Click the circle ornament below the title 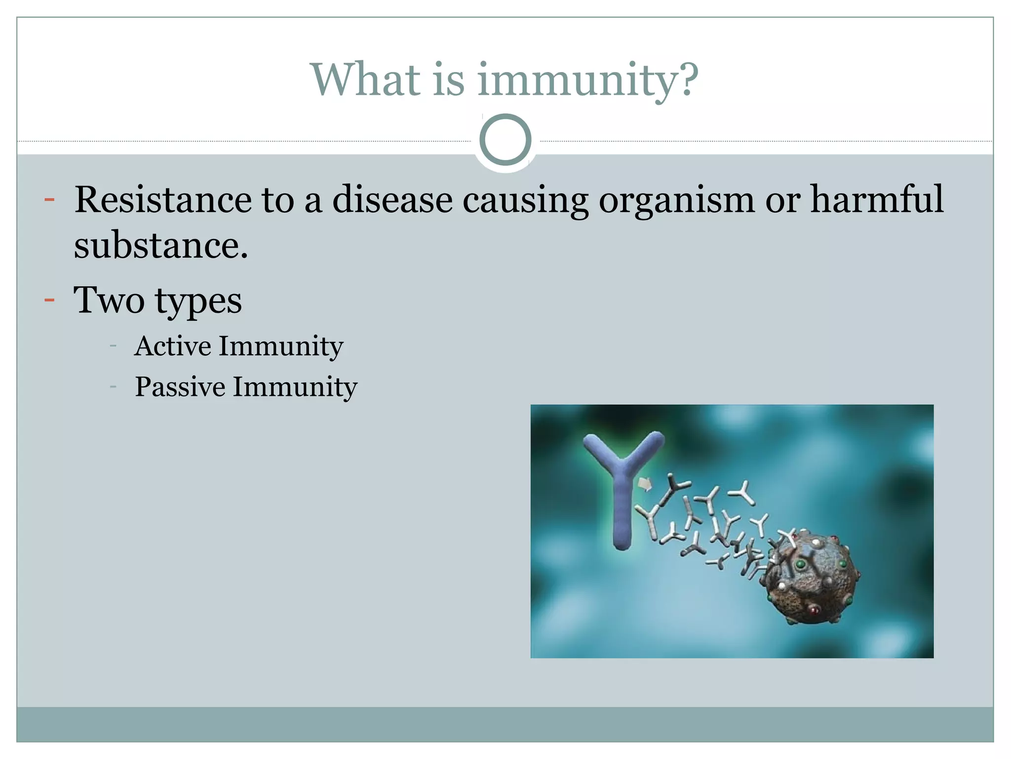point(505,140)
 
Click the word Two point(109,300)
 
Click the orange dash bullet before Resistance point(49,200)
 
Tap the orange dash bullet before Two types point(49,300)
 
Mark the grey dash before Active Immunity point(113,346)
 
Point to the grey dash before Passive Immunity point(113,387)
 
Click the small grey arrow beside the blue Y point(645,484)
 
